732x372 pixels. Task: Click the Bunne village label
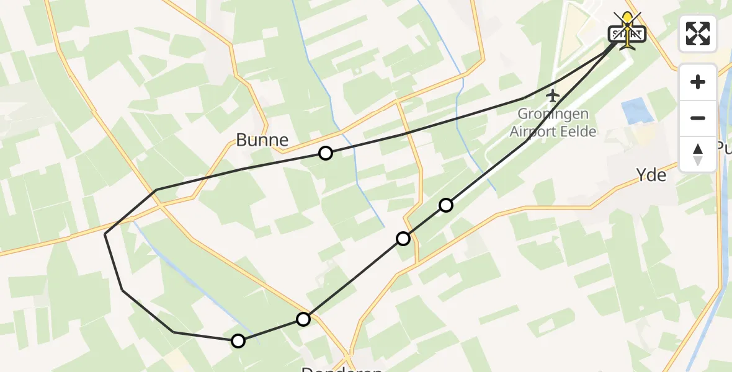pos(262,139)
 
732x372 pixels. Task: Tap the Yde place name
pos(651,175)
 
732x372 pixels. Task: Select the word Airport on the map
pos(532,131)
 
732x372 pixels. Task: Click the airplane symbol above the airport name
pos(553,95)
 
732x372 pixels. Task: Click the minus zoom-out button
pos(698,118)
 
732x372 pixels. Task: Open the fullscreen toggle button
pos(698,33)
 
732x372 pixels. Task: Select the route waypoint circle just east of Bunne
pos(326,153)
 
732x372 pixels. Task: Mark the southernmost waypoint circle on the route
pos(238,340)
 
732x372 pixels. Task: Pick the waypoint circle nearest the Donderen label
pos(303,319)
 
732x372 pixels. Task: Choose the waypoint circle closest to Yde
pos(446,205)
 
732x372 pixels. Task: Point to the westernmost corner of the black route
pos(105,234)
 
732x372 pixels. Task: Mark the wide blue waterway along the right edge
pos(723,248)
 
